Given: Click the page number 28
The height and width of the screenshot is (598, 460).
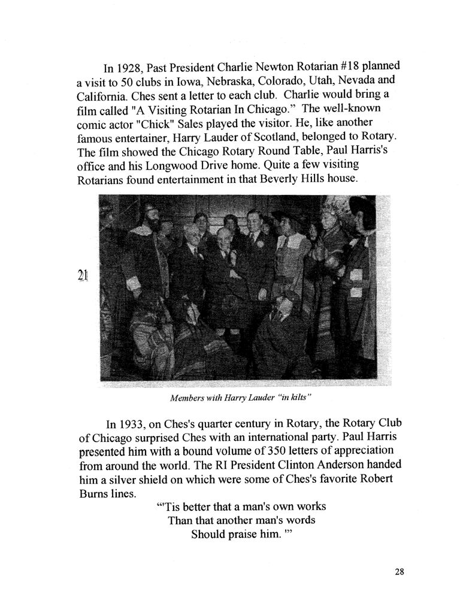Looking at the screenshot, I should tap(400, 571).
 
